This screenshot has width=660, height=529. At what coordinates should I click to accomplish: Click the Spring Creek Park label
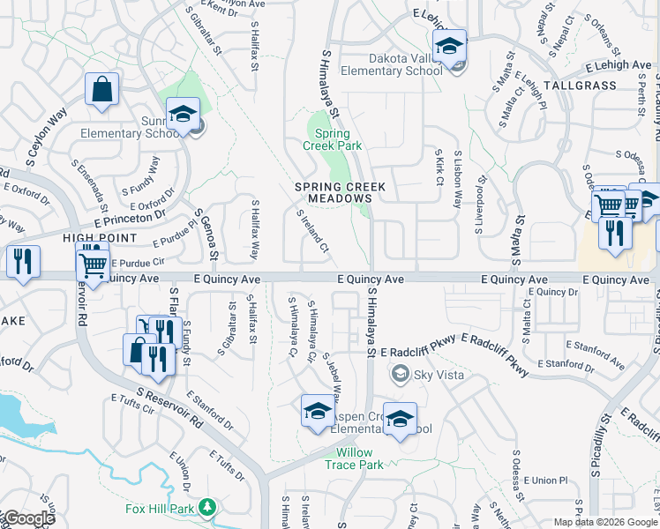[x=333, y=139]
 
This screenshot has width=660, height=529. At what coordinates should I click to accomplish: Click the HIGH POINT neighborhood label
[x=99, y=238]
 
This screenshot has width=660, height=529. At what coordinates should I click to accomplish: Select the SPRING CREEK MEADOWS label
[x=333, y=192]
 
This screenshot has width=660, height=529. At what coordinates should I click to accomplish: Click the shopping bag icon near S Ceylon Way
[x=102, y=89]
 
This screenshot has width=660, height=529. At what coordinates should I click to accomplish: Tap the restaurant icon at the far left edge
[x=23, y=261]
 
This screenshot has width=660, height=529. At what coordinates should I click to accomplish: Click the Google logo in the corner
[x=28, y=518]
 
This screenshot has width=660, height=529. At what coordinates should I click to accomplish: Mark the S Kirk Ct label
[x=439, y=168]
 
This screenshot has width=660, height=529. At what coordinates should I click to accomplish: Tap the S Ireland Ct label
[x=312, y=231]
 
